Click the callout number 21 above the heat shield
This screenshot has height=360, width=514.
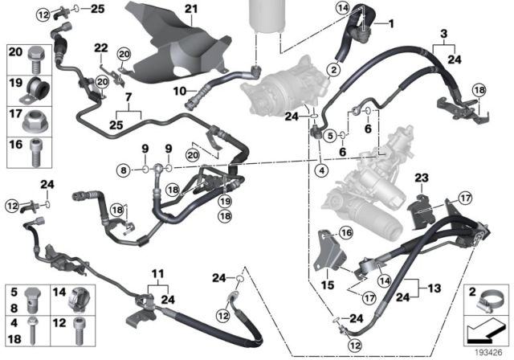click(x=190, y=9)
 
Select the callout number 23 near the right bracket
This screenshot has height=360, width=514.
click(x=422, y=177)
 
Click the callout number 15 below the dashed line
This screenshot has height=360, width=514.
click(x=327, y=285)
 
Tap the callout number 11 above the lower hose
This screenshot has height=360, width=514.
click(x=159, y=274)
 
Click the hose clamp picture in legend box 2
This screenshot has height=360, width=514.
click(x=487, y=305)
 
